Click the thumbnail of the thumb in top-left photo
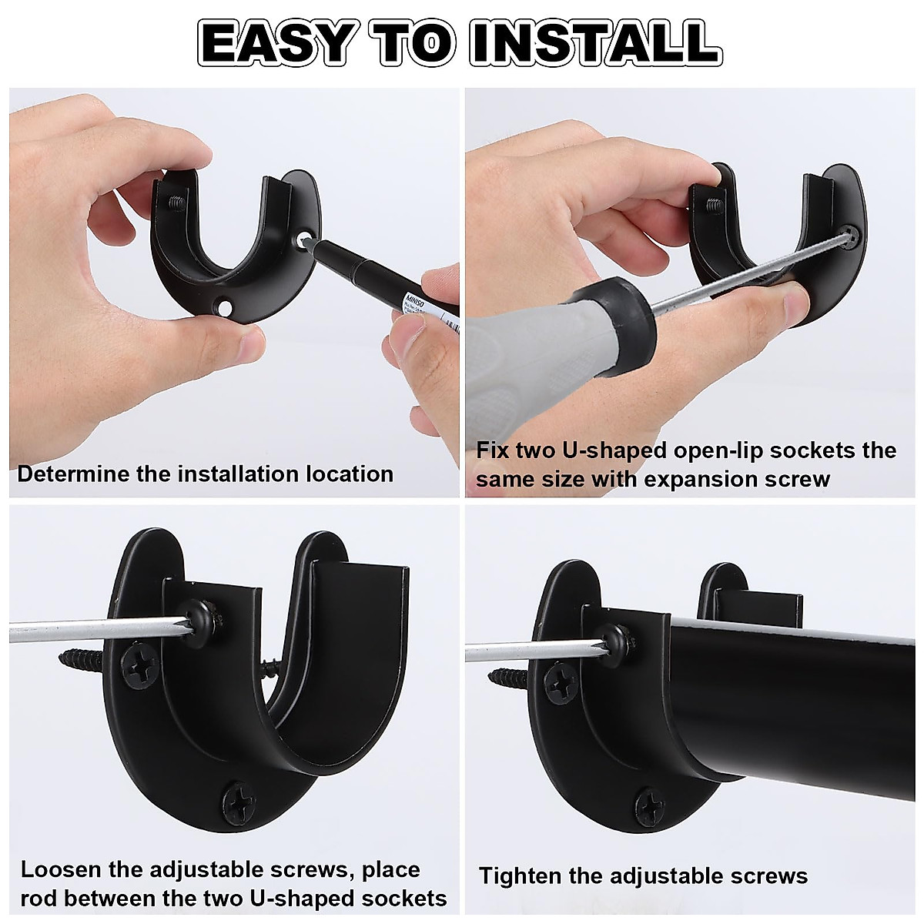tap(246, 343)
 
